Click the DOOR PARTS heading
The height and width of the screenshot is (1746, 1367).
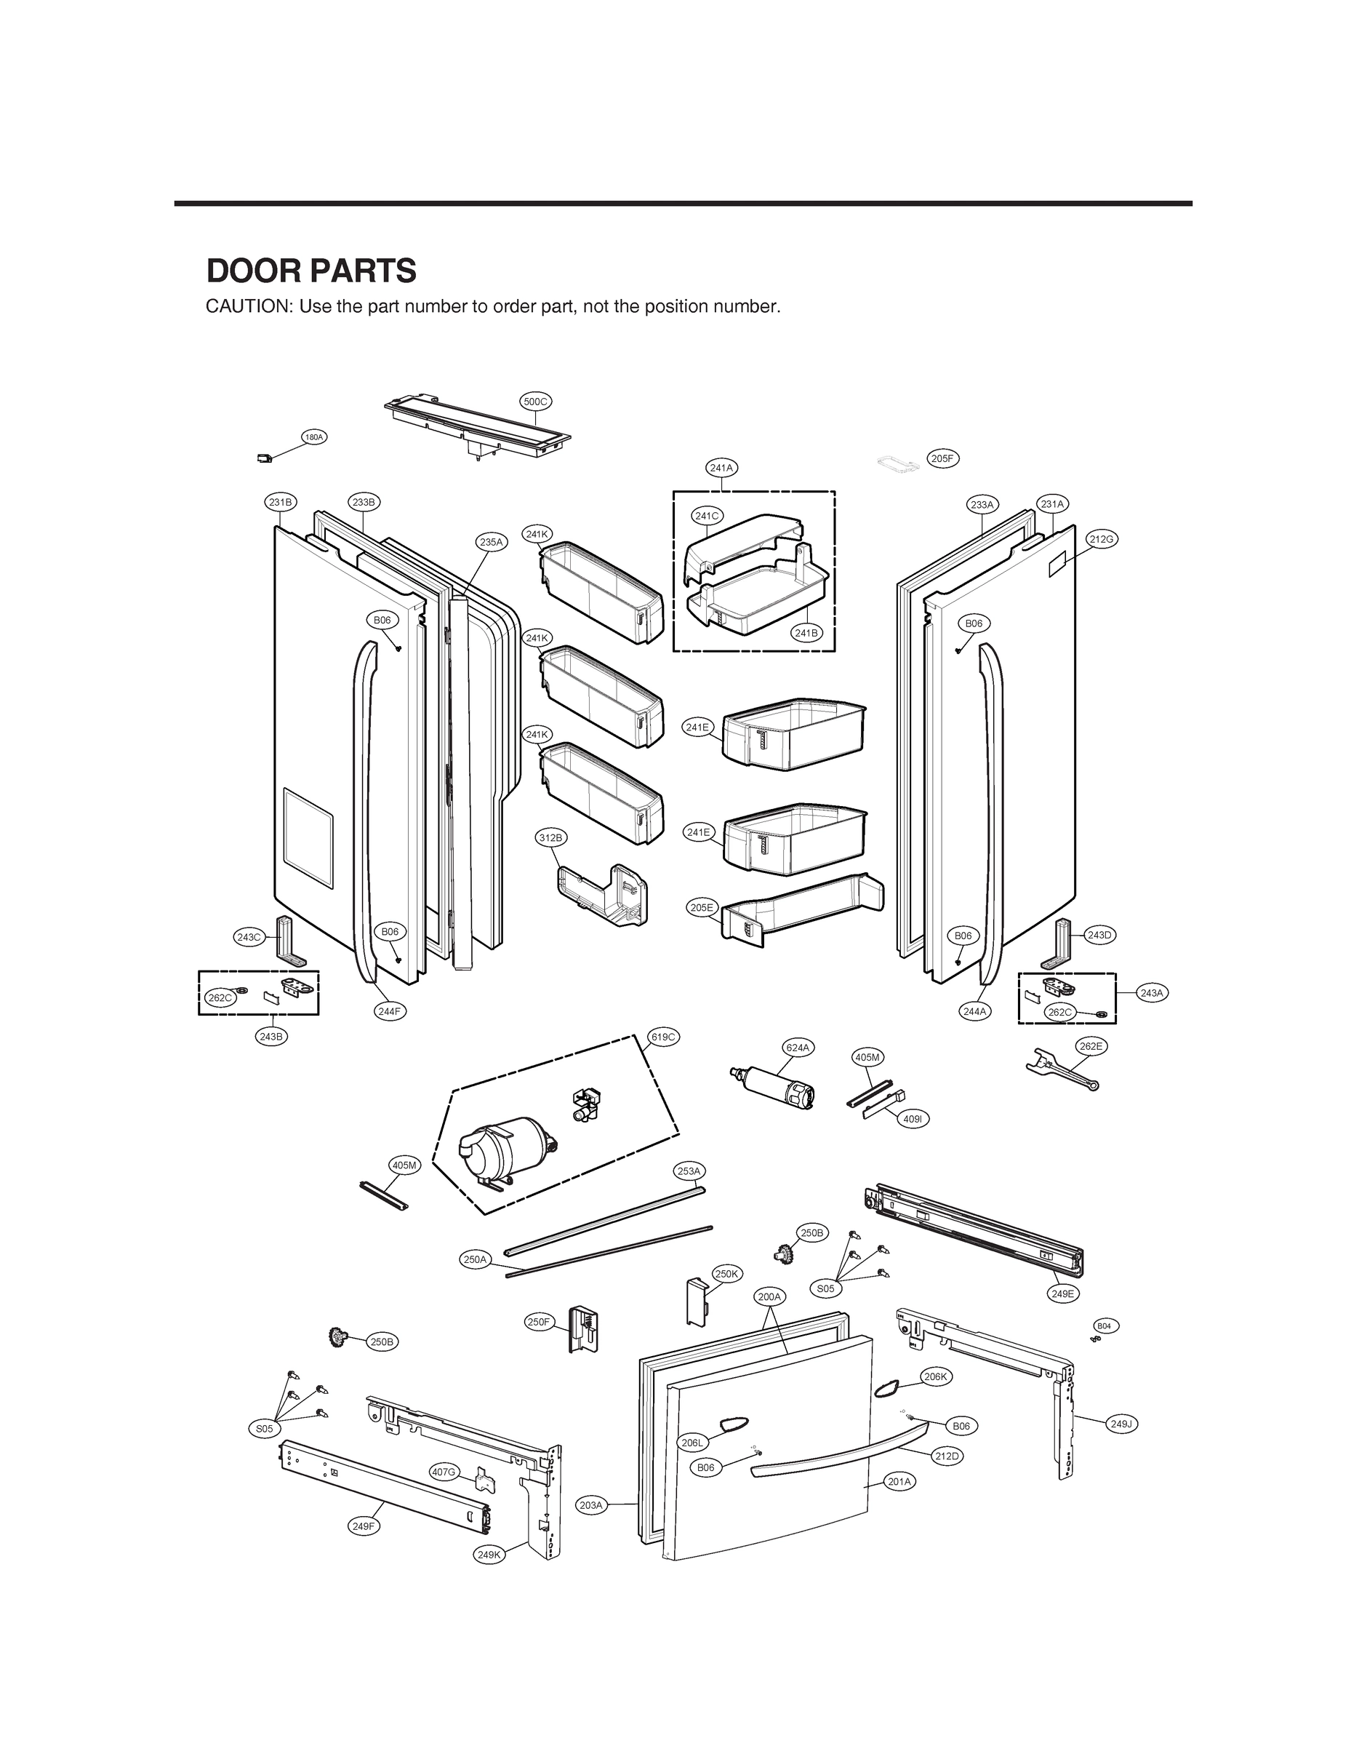310,271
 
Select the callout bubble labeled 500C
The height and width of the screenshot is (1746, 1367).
534,402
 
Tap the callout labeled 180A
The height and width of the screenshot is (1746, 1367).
313,437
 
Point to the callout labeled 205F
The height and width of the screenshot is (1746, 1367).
943,459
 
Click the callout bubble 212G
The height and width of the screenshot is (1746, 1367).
1102,540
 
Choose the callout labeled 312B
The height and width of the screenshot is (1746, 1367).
550,837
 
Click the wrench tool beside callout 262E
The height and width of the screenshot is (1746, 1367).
1060,1071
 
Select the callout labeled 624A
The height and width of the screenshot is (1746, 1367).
797,1047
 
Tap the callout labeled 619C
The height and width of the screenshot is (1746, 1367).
663,1037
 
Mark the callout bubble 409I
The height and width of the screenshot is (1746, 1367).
913,1119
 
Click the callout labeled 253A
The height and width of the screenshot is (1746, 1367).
689,1171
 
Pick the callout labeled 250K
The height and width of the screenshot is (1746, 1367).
726,1274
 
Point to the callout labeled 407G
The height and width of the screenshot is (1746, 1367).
444,1472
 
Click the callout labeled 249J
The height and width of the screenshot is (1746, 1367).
1121,1424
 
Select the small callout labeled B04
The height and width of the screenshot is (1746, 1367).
1104,1326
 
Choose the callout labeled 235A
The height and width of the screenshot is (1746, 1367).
492,542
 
